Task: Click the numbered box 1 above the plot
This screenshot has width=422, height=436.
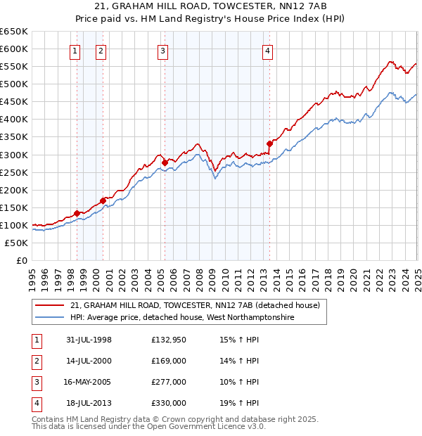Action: [75, 51]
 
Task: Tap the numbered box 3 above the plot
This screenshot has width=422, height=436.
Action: [162, 51]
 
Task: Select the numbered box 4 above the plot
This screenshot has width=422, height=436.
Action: [268, 51]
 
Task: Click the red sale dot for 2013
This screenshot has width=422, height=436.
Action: [270, 143]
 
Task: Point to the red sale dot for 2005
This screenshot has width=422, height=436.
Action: [165, 162]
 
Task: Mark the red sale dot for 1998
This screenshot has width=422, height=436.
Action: [77, 213]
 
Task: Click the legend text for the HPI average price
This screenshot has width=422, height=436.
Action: [182, 317]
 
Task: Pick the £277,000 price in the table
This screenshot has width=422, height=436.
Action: [169, 382]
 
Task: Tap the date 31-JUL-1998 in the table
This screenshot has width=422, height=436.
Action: [89, 340]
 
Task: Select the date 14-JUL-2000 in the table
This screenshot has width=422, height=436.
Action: [89, 361]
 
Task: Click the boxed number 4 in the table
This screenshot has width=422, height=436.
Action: [36, 403]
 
